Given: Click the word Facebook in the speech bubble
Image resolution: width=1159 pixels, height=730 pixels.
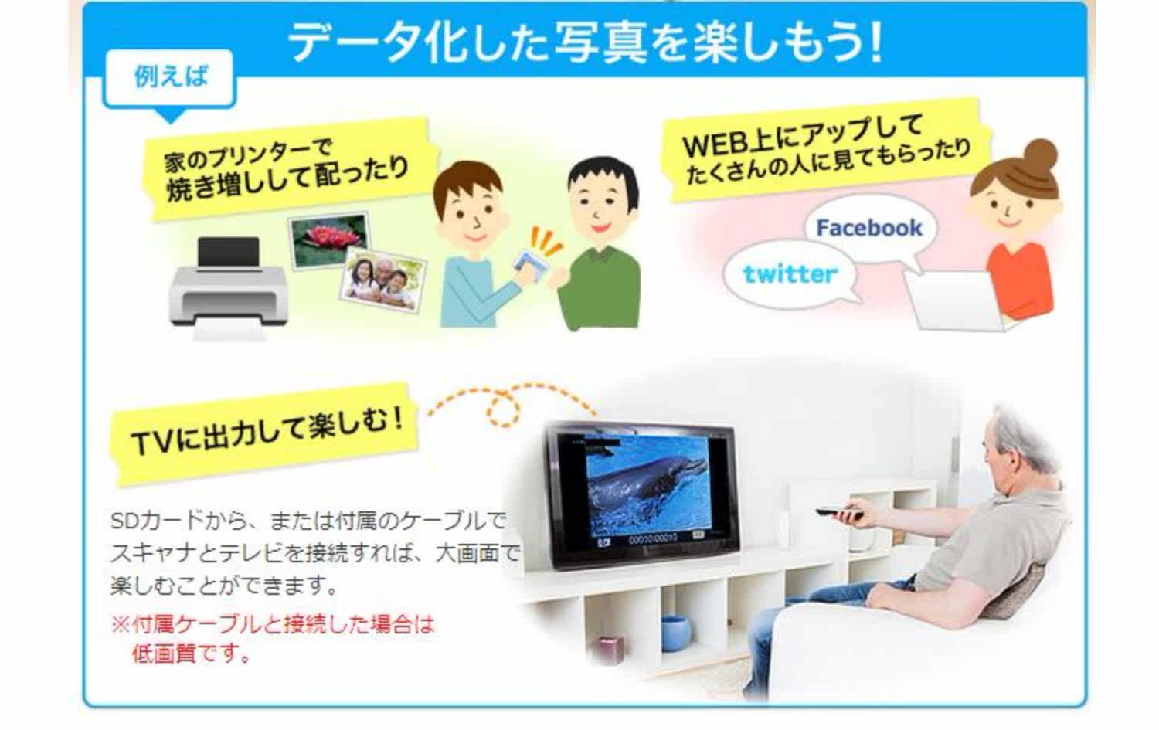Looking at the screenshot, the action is [x=869, y=228].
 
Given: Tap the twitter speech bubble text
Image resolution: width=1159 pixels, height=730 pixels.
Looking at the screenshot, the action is [x=790, y=273].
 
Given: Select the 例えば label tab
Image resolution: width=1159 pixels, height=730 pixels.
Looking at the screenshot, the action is [x=170, y=77].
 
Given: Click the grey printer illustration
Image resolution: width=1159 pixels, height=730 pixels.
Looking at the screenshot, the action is [x=228, y=288].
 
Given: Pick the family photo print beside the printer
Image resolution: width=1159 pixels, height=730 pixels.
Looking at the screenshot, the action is [x=383, y=280].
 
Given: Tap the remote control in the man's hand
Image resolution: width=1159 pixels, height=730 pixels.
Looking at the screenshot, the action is [x=839, y=513].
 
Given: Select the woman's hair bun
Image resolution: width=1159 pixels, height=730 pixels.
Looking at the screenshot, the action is [x=1041, y=154].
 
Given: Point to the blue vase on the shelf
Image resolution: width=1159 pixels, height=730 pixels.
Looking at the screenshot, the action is [x=676, y=633].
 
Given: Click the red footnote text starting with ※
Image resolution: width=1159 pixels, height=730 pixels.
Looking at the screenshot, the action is [x=273, y=639].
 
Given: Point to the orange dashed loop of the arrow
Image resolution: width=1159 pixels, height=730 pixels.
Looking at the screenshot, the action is [x=503, y=409].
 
